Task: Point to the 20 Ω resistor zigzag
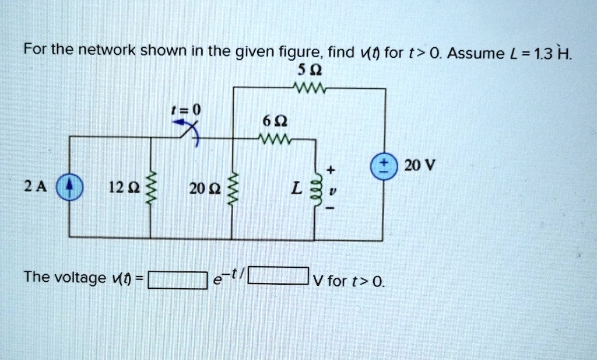point(233,188)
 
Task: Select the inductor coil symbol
point(316,190)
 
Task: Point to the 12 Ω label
point(118,188)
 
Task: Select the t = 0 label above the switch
point(185,109)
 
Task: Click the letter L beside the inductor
point(297,188)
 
